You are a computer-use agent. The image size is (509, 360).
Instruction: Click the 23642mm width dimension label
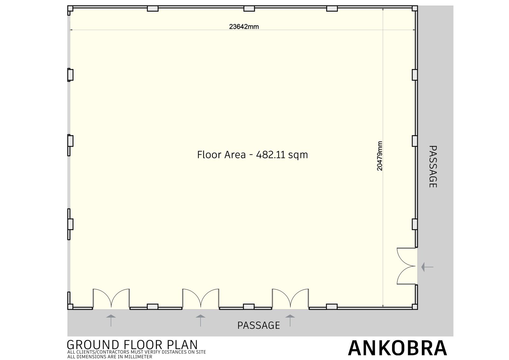click(244, 27)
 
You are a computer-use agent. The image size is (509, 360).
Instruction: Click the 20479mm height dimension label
click(380, 156)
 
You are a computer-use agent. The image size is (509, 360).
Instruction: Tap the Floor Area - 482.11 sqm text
click(253, 155)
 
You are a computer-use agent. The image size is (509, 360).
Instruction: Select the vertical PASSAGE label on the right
click(433, 167)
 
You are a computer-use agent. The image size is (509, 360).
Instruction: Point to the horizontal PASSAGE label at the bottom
click(259, 325)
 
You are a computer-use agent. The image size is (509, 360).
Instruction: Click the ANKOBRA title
click(398, 348)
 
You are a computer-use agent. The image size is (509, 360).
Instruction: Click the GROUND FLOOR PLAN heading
click(132, 345)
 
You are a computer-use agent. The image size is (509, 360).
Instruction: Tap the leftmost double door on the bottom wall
click(111, 298)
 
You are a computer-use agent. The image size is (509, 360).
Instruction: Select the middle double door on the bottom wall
click(201, 298)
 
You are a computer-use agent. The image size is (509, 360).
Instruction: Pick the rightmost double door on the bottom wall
click(290, 298)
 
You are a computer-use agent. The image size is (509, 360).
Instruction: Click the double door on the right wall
click(407, 266)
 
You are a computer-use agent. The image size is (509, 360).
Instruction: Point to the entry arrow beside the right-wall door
click(427, 267)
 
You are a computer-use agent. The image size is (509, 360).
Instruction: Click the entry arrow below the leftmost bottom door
click(111, 321)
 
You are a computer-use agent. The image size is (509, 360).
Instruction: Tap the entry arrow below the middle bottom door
click(200, 321)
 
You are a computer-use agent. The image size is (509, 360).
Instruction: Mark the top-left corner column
click(70, 8)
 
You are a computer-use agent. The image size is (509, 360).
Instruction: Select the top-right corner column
click(415, 8)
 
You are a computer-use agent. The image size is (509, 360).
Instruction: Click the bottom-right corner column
click(415, 307)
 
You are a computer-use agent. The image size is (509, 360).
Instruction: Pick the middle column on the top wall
click(249, 9)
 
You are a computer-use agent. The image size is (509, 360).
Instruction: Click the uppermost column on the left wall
click(70, 74)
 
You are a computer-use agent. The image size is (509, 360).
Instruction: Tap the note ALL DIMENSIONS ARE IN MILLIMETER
click(110, 357)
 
